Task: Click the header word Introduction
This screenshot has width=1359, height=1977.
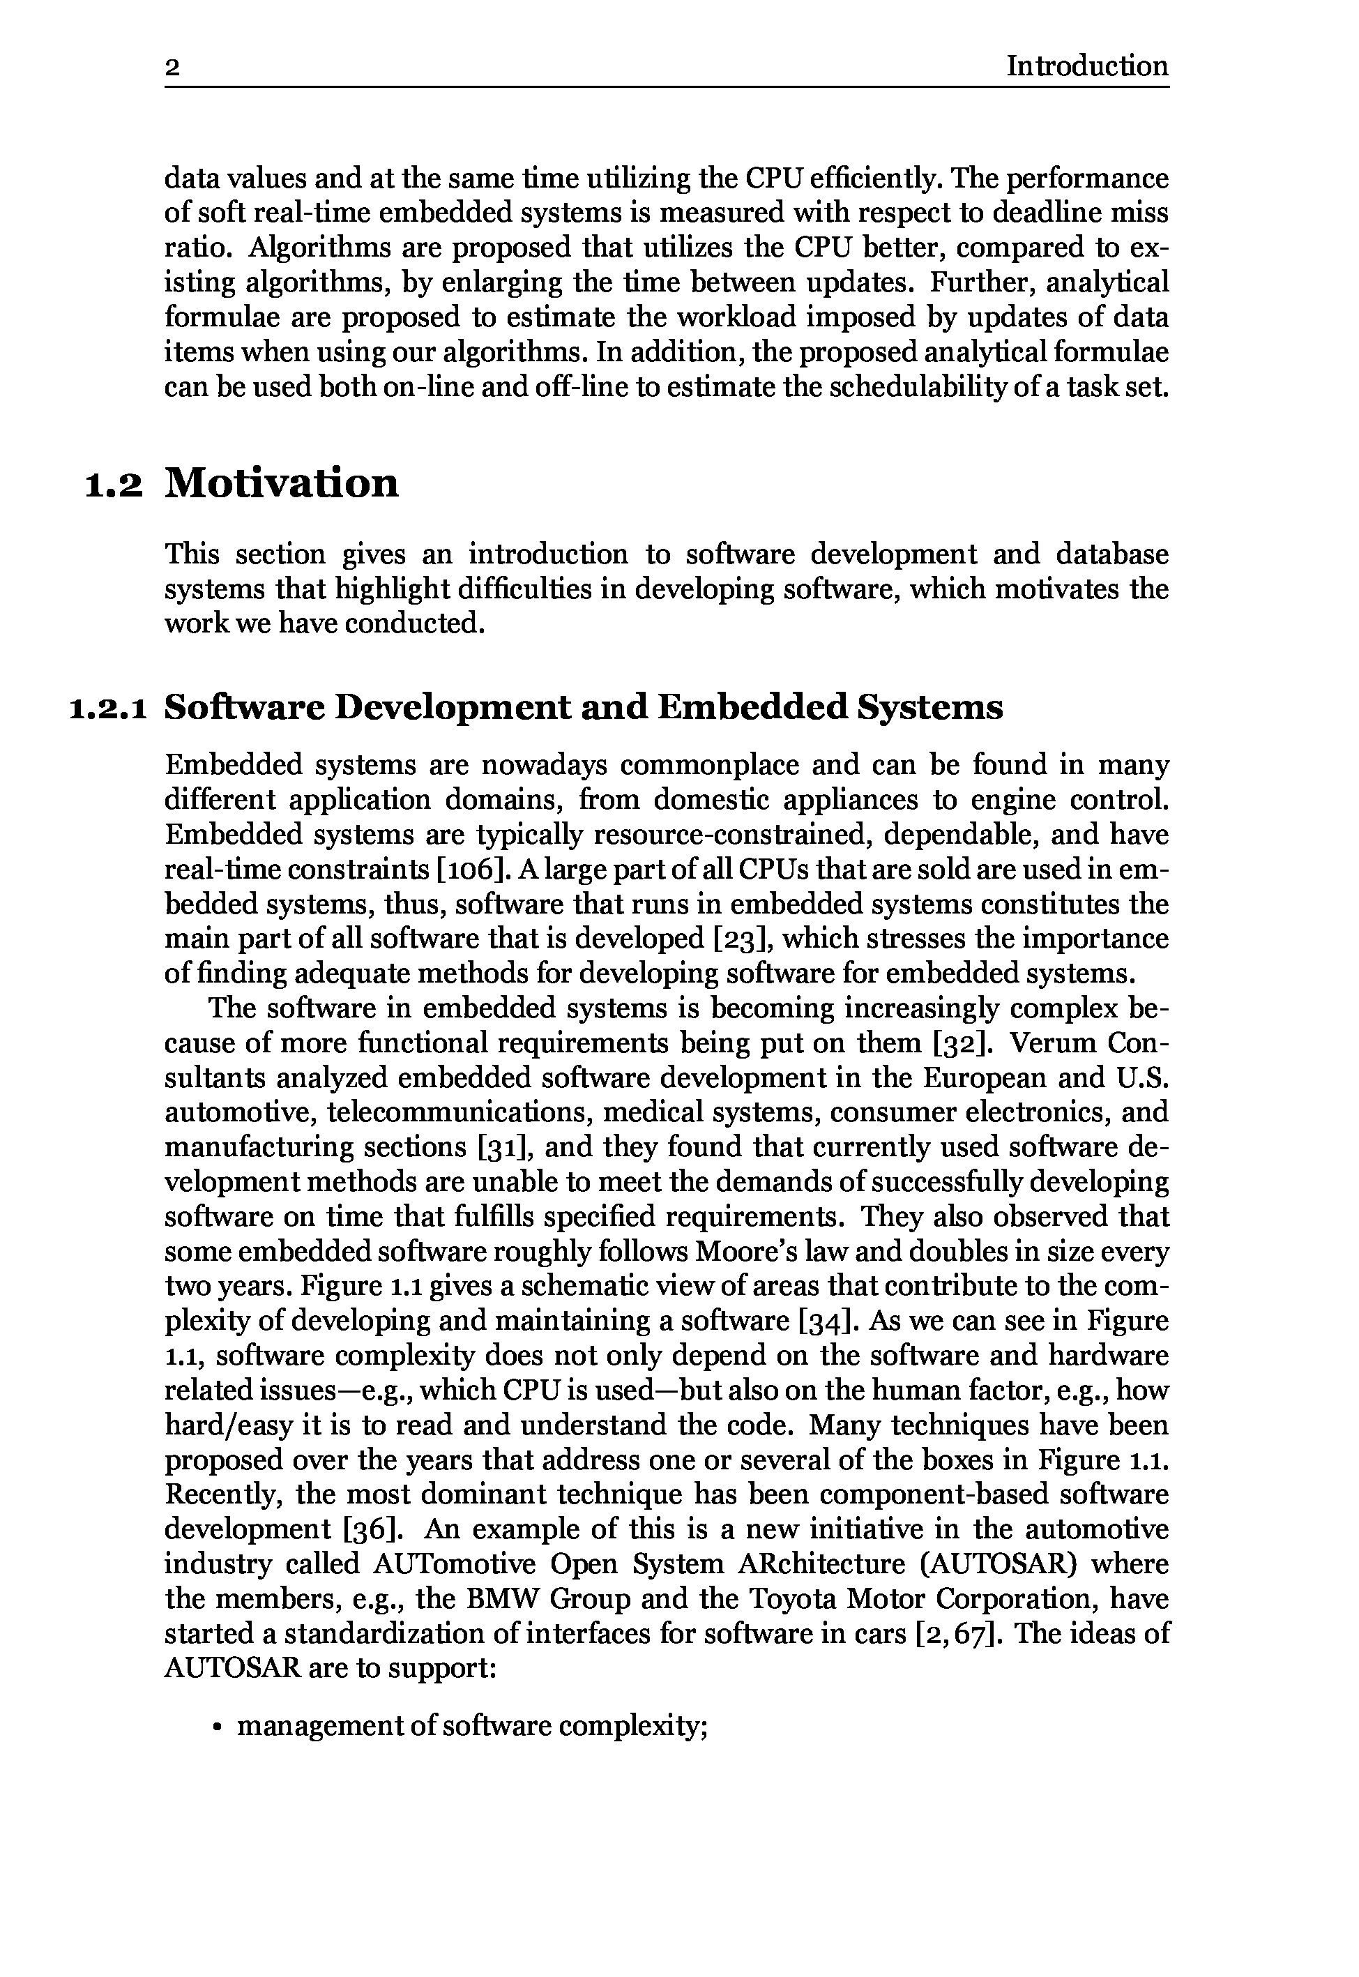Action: coord(1086,66)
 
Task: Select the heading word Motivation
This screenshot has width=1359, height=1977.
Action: coord(281,483)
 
